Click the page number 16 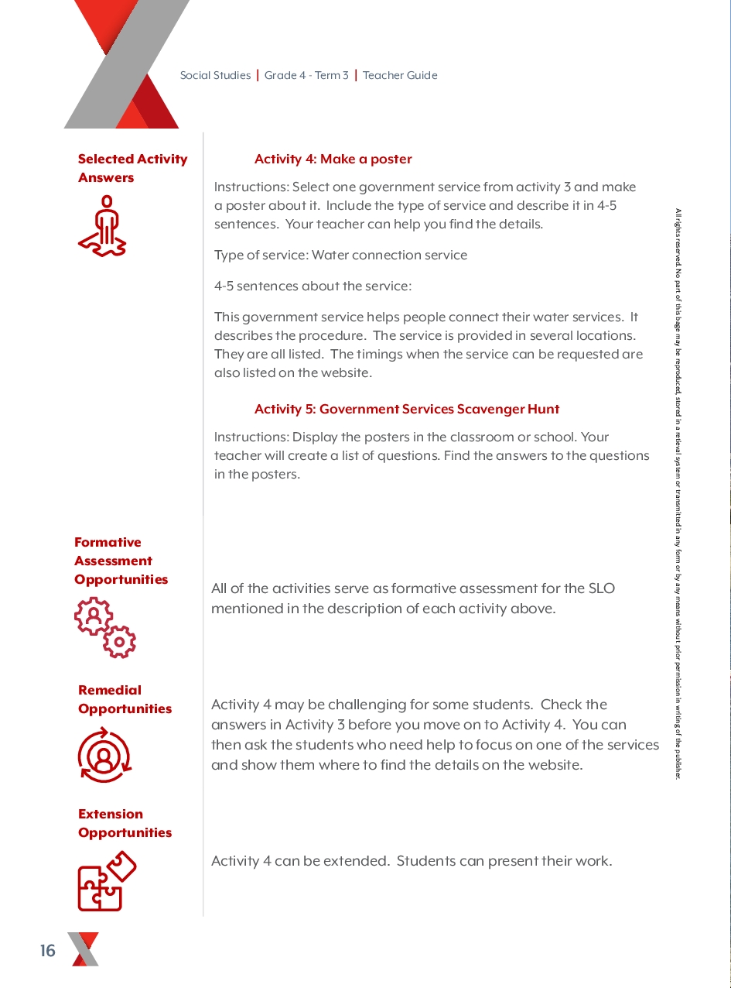48,951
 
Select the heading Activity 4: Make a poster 333,160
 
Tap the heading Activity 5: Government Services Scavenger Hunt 406,410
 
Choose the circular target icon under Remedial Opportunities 104,755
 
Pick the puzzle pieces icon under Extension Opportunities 107,881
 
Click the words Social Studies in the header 215,76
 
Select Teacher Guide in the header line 400,76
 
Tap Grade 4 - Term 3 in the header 306,76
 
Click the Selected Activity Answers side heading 132,169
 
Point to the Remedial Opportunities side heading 125,700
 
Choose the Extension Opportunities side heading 125,824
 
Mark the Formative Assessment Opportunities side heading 121,561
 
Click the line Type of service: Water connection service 340,256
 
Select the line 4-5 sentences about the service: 313,286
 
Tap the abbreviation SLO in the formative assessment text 599,588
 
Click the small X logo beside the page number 84,949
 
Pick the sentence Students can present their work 504,861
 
